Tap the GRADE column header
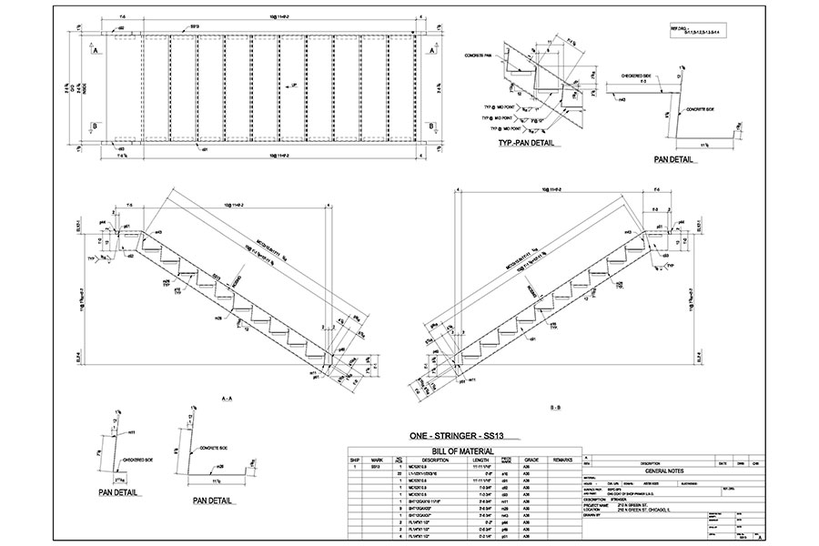click(532, 460)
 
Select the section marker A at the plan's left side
click(95, 52)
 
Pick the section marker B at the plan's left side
click(95, 126)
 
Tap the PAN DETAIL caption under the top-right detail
click(674, 160)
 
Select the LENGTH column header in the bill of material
click(484, 460)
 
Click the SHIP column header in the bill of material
click(355, 460)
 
